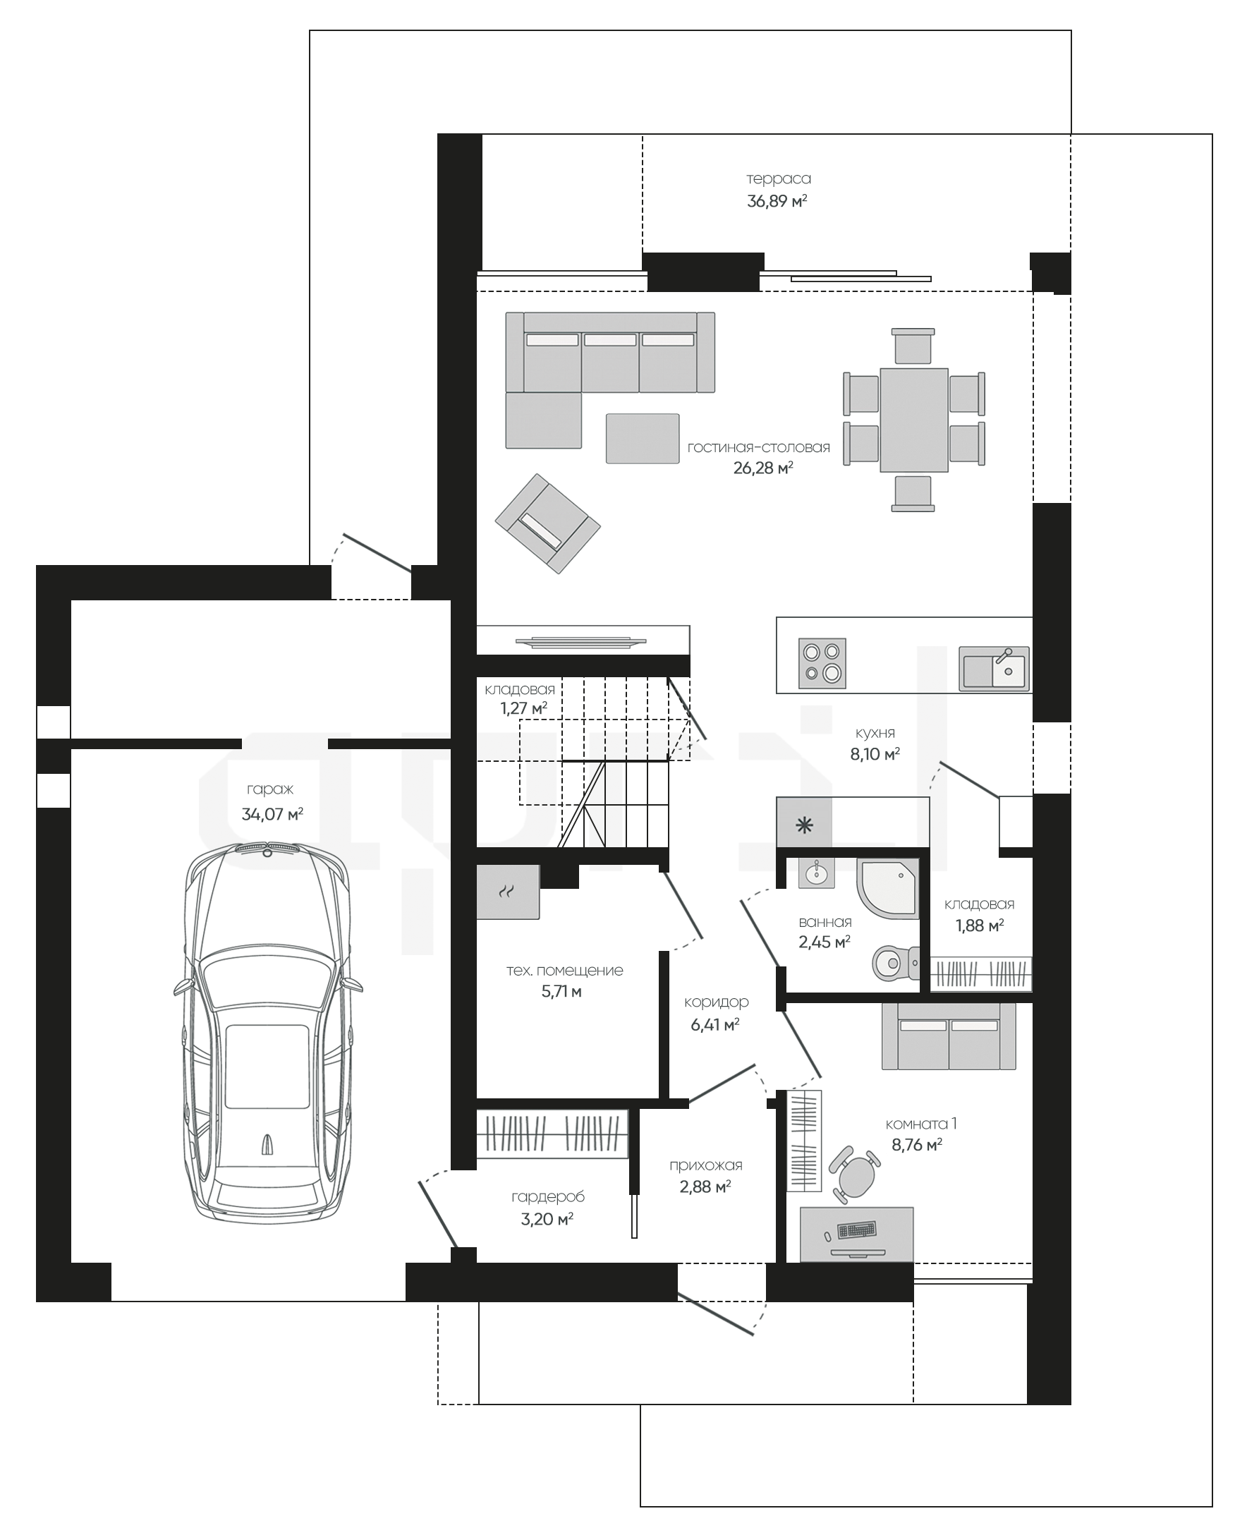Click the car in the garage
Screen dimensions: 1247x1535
pos(268,1033)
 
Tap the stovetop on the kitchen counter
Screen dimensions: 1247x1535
pos(822,664)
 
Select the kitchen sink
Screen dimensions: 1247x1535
pos(994,667)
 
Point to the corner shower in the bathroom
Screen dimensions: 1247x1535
pos(887,889)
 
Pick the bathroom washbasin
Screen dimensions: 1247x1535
pos(816,874)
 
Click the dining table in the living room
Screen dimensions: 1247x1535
pos(913,420)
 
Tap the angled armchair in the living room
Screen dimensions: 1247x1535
pos(547,523)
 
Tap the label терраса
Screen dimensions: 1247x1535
pos(779,179)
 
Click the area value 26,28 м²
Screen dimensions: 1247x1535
pos(763,468)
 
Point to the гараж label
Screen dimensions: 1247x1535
pos(270,790)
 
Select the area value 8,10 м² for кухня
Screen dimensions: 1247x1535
pos(875,754)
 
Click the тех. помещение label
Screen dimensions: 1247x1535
pos(564,971)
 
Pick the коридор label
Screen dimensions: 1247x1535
pos(716,1002)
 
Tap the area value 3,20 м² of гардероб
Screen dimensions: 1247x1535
pos(547,1219)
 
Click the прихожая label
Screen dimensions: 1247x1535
pos(705,1166)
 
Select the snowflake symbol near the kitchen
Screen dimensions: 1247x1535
pos(805,825)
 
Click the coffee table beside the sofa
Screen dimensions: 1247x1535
pos(642,438)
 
